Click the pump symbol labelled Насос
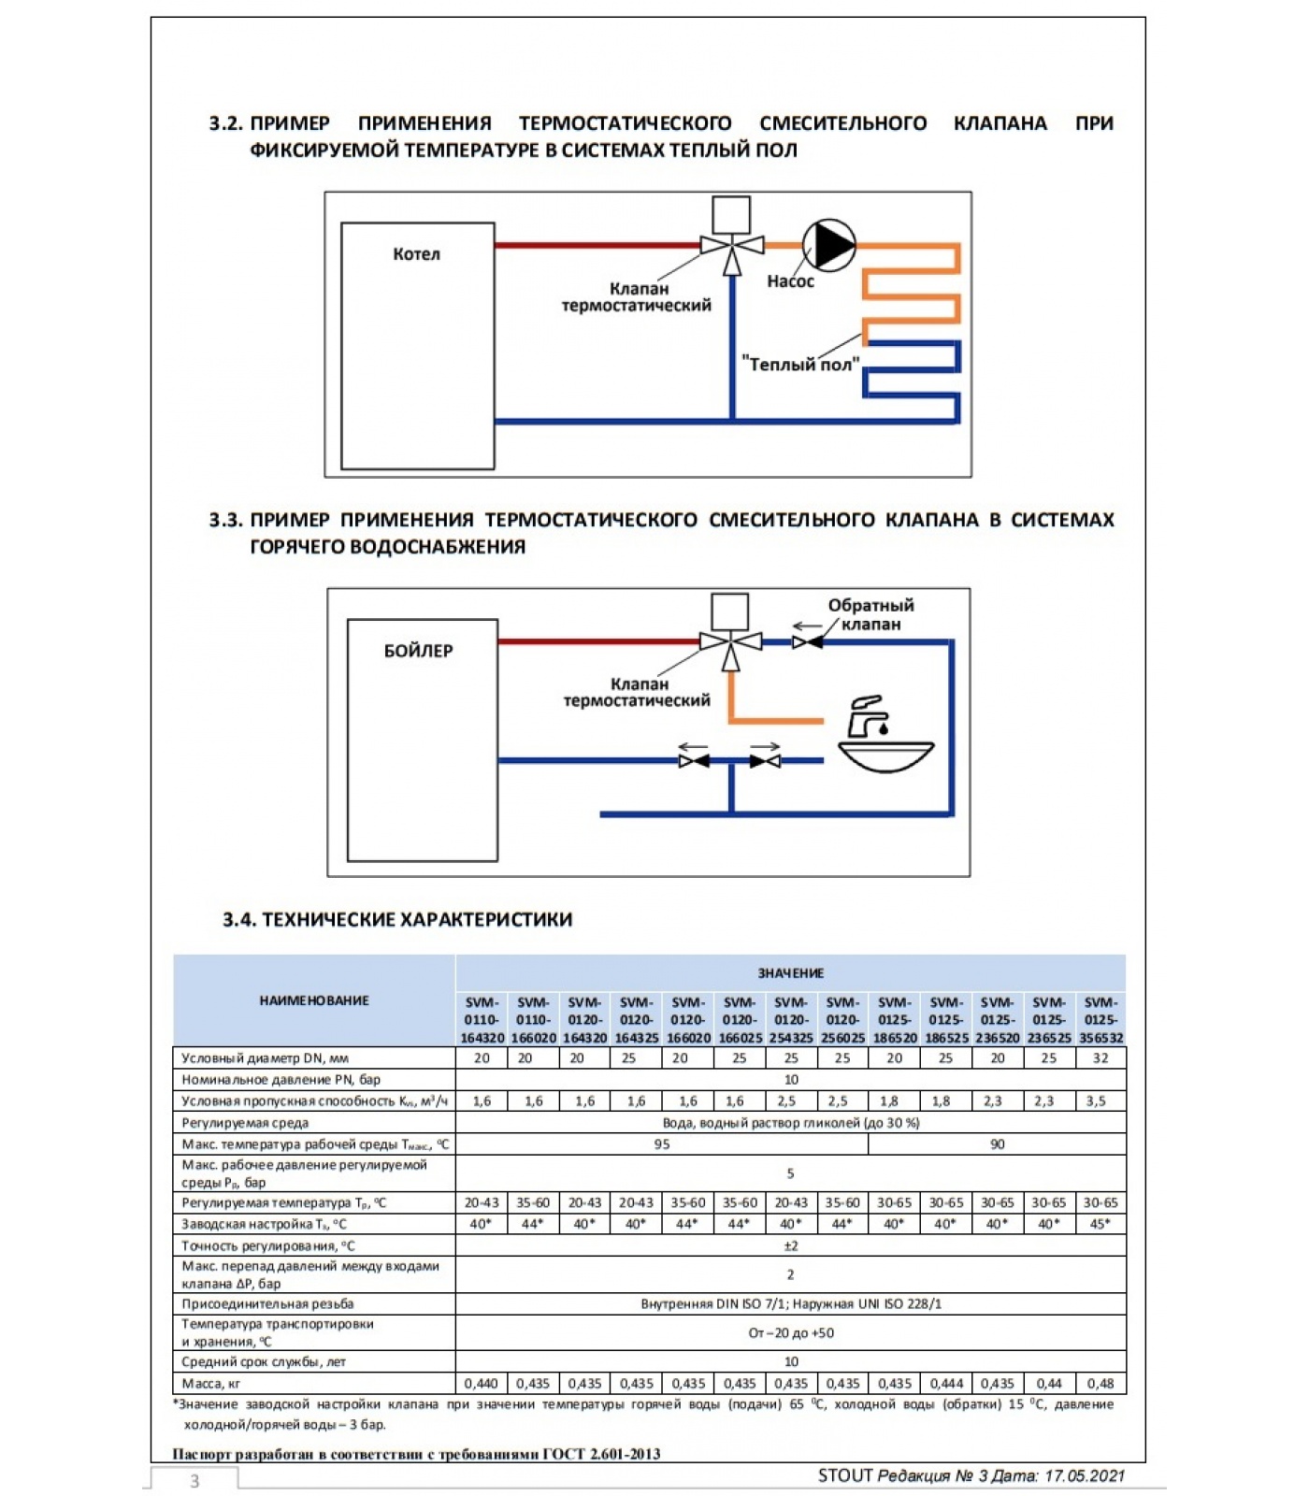[828, 245]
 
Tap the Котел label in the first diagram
[416, 254]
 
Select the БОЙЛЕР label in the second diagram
[418, 651]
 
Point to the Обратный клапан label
[870, 614]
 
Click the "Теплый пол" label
[800, 365]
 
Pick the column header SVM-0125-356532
[1100, 1020]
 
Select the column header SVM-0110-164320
[482, 1020]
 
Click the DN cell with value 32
[1100, 1058]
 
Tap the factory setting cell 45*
[1100, 1224]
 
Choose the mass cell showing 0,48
[1100, 1384]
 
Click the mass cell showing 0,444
[946, 1384]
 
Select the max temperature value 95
[662, 1144]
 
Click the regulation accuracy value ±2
[790, 1245]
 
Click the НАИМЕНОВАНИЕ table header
[314, 1000]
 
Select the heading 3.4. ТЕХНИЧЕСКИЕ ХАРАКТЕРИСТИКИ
[397, 920]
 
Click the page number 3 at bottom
[194, 1481]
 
